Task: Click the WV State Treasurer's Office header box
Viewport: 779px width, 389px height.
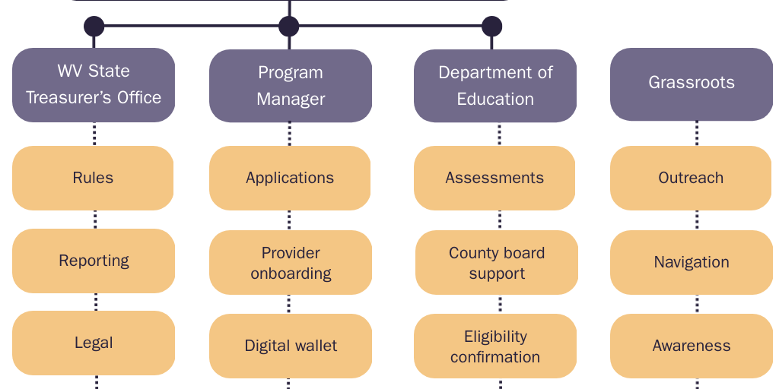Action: (94, 84)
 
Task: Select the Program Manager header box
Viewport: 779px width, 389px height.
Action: (291, 86)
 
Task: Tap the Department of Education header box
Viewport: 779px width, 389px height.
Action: (495, 86)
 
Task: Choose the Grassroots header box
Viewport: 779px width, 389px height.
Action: (692, 84)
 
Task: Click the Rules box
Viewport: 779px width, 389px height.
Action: (94, 178)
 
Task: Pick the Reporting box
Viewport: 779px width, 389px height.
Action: (94, 261)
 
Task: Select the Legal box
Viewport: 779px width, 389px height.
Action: (94, 343)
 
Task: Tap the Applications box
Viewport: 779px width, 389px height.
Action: (290, 178)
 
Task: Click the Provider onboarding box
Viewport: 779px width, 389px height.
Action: (291, 263)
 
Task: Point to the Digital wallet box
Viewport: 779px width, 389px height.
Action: (291, 346)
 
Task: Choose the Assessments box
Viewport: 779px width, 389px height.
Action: (494, 178)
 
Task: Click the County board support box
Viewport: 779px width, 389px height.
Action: (497, 263)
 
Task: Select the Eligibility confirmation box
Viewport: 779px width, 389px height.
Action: (495, 346)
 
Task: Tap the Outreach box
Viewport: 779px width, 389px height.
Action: (691, 178)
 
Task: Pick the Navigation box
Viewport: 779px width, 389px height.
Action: (692, 262)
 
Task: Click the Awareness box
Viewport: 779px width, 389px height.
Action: (692, 346)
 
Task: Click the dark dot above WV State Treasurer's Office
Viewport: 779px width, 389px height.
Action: (94, 27)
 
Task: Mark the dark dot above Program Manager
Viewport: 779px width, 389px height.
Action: (289, 27)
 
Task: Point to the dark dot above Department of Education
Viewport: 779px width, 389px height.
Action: (492, 27)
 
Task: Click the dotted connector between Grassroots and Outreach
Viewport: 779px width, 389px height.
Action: (697, 134)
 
